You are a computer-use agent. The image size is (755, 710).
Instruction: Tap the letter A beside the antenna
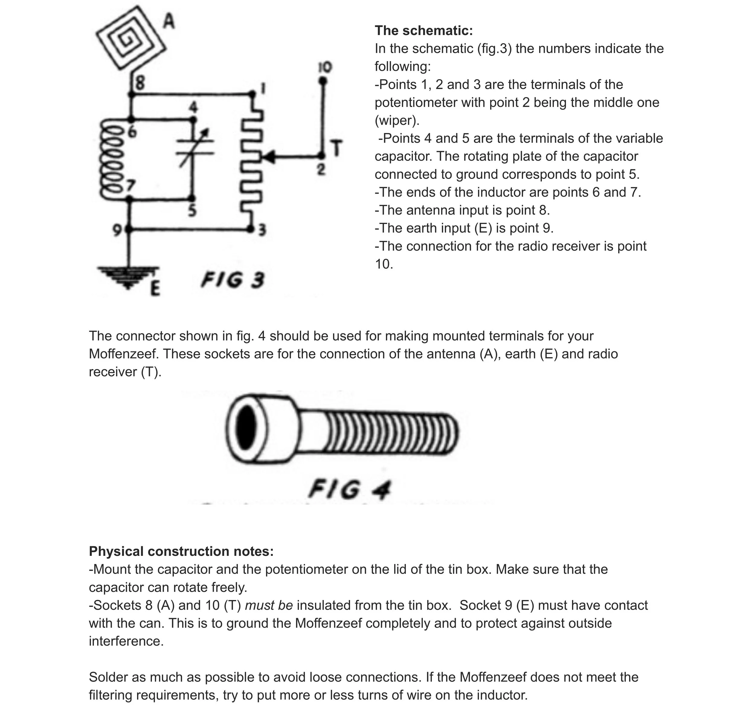pyautogui.click(x=169, y=21)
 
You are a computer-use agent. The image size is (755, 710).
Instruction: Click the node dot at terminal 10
pyautogui.click(x=323, y=81)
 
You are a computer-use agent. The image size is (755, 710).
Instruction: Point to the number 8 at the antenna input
pyautogui.click(x=140, y=83)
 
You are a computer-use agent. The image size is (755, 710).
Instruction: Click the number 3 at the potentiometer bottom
pyautogui.click(x=262, y=230)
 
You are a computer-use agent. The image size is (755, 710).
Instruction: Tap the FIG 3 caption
pyautogui.click(x=233, y=280)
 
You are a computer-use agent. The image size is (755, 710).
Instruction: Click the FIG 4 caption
pyautogui.click(x=349, y=489)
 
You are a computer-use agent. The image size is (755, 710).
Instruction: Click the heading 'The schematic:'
pyautogui.click(x=424, y=31)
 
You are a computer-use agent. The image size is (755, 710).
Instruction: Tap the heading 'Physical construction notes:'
pyautogui.click(x=181, y=551)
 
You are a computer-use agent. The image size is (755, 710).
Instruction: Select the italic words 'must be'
pyautogui.click(x=269, y=605)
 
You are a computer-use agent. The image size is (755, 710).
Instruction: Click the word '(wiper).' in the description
pyautogui.click(x=397, y=121)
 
